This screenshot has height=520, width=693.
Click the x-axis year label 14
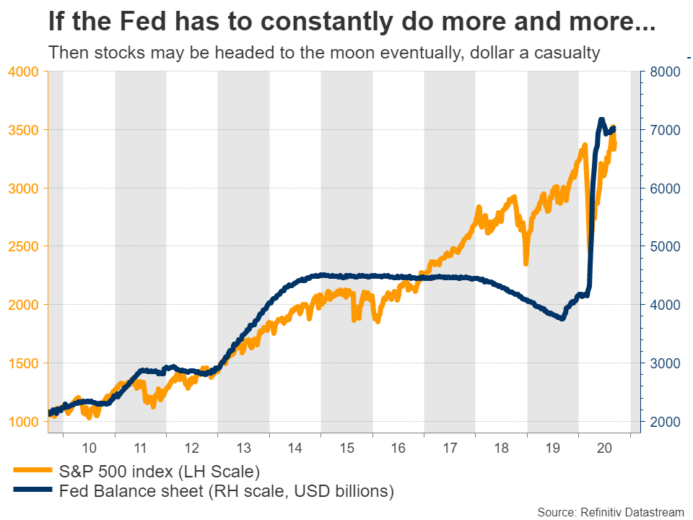coord(295,449)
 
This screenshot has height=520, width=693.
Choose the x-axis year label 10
coord(90,449)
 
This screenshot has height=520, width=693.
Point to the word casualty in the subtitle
coord(567,53)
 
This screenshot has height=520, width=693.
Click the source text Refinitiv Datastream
coord(632,511)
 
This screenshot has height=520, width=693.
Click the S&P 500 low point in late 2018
coord(526,263)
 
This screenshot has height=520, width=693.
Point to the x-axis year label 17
coord(450,449)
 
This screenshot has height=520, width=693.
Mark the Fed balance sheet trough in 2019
coord(562,318)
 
